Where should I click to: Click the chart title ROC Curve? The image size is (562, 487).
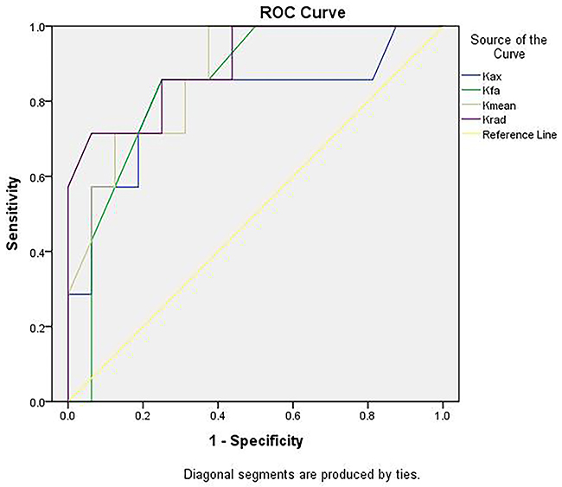point(303,13)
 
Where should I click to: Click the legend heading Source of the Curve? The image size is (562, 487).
point(508,47)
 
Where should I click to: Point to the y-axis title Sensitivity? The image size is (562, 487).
point(12,214)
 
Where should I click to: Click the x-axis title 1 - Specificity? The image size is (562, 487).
point(256,441)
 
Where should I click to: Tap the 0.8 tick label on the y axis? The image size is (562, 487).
point(36,101)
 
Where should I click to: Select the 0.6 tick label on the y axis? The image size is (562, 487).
point(36,176)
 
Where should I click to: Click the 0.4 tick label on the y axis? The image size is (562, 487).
point(36,252)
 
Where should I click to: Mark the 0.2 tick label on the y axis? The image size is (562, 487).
point(36,327)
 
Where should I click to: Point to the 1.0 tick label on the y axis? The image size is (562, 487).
point(36,27)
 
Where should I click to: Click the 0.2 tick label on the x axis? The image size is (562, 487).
point(143,415)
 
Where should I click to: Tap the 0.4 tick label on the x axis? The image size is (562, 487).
point(218,415)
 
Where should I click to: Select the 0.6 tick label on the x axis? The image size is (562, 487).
point(293,415)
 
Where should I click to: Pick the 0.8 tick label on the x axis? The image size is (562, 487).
point(367,415)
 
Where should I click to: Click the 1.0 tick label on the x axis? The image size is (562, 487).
point(443,415)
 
